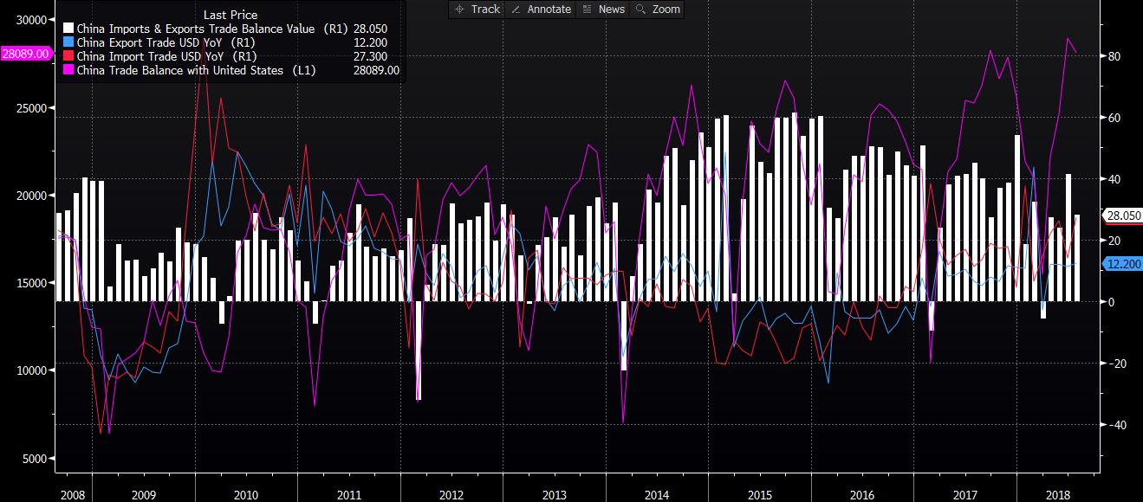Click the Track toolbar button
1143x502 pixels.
click(x=477, y=9)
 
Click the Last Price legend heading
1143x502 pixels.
click(x=230, y=15)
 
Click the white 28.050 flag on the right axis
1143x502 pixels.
click(x=1121, y=216)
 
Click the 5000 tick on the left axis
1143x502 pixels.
click(x=35, y=459)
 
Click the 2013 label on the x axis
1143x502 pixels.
click(x=555, y=495)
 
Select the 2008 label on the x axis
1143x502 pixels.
click(x=73, y=495)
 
